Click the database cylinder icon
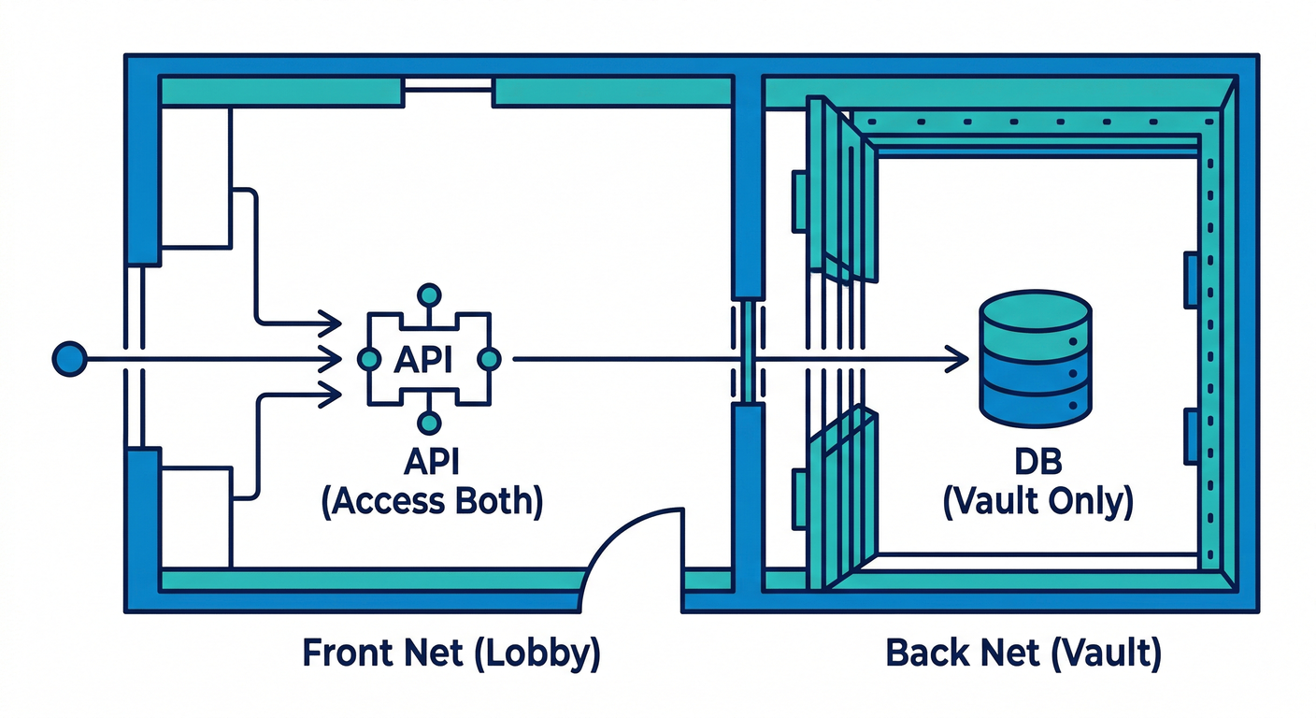[x=1035, y=359]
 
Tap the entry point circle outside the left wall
[x=69, y=359]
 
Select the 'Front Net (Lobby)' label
[x=451, y=653]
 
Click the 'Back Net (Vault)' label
[x=1023, y=653]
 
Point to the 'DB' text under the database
[x=1037, y=465]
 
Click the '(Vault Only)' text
[x=1037, y=502]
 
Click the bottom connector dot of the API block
[x=428, y=423]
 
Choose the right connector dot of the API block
[x=489, y=359]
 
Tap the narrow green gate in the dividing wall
[x=748, y=352]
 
